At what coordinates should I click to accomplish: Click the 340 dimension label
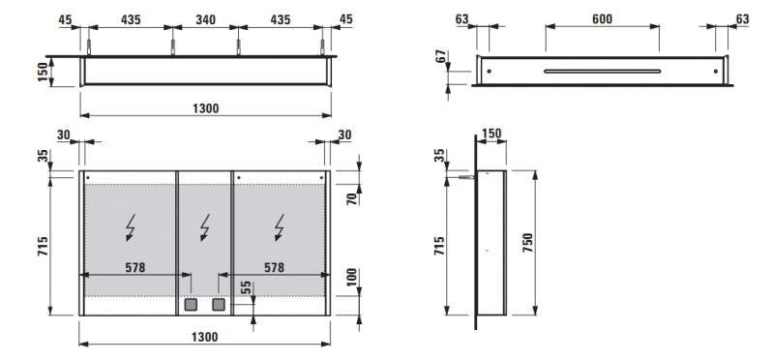205,19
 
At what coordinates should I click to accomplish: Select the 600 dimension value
602,19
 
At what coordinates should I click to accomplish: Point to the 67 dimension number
441,56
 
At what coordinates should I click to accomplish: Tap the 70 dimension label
351,199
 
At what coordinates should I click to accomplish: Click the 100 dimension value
351,278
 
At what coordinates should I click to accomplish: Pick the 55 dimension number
247,287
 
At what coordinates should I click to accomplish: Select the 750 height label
527,243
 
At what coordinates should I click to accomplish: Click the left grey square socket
191,304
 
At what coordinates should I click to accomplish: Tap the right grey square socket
219,304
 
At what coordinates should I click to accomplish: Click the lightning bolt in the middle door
205,227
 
